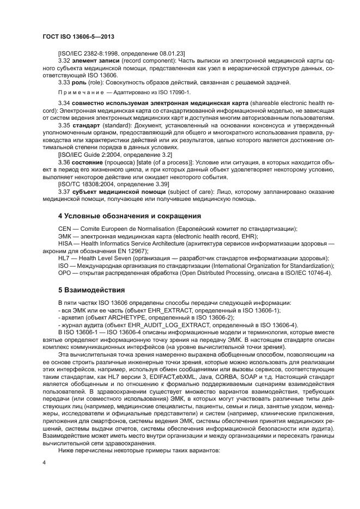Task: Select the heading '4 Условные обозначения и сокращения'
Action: click(124, 216)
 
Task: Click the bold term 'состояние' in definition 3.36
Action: click(90, 162)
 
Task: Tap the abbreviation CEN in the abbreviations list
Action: click(65, 229)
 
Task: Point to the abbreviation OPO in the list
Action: click(65, 272)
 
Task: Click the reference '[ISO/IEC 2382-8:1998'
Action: click(93, 53)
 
